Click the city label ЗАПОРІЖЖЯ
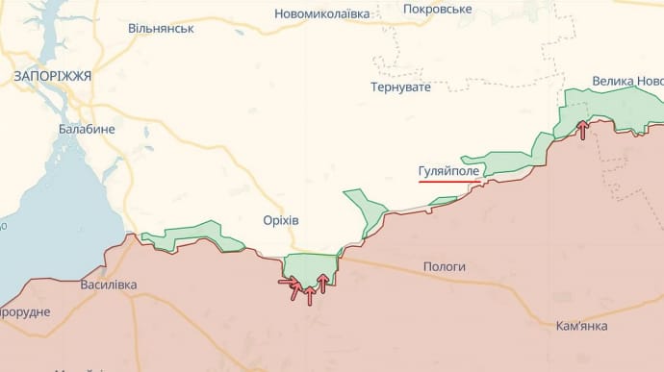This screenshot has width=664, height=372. (x=53, y=75)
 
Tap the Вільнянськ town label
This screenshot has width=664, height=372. (x=161, y=28)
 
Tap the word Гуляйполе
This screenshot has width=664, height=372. (x=448, y=171)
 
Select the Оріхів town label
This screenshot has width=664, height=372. (x=280, y=220)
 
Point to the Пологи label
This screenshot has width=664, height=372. (x=444, y=266)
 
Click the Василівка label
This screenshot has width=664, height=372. (x=108, y=285)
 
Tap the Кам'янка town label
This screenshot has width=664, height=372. (x=581, y=326)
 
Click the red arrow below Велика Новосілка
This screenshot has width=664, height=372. (x=582, y=130)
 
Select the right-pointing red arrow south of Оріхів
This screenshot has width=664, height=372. (x=288, y=282)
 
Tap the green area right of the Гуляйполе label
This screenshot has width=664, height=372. (x=505, y=162)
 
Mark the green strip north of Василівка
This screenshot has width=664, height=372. (x=192, y=236)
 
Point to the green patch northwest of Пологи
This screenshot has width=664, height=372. (x=364, y=210)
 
